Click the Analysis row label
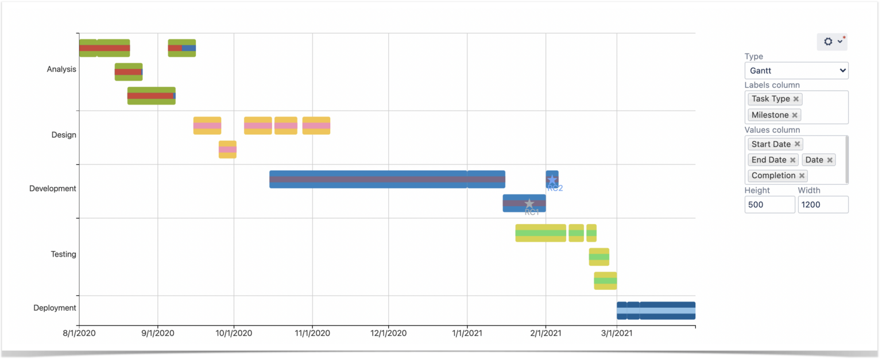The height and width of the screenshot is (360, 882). [61, 69]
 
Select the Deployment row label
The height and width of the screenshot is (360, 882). [55, 308]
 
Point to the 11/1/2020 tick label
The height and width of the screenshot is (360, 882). [312, 332]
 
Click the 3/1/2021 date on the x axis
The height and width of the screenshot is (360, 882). [617, 332]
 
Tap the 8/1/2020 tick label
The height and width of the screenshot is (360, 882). [79, 332]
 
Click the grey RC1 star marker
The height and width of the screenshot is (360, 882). [529, 204]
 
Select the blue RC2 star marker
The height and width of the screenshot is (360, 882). [552, 180]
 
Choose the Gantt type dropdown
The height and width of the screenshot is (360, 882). [796, 71]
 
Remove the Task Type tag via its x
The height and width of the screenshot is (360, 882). [796, 99]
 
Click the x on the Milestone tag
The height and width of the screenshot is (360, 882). [795, 115]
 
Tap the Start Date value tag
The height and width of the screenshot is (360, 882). [771, 144]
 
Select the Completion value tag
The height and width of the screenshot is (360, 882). [773, 176]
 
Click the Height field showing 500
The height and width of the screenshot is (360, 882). [769, 204]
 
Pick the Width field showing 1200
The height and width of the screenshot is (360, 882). [822, 204]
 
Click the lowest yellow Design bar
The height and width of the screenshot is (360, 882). [227, 150]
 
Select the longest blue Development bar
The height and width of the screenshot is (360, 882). [368, 179]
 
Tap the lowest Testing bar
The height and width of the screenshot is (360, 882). [605, 281]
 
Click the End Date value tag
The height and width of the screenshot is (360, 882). [768, 160]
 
